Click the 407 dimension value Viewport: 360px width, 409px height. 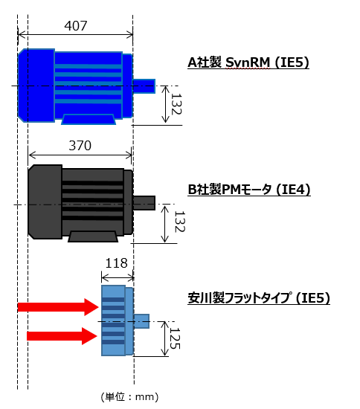click(x=76, y=26)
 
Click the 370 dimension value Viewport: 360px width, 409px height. click(x=80, y=146)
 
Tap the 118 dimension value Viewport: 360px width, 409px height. click(x=116, y=263)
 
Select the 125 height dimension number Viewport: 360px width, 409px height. click(x=175, y=338)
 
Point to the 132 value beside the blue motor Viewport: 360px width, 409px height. click(x=176, y=104)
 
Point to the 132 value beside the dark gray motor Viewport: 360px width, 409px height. click(x=179, y=222)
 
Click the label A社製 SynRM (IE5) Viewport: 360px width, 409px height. click(x=248, y=62)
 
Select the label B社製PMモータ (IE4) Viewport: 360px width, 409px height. click(x=249, y=190)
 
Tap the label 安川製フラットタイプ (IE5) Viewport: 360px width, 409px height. click(x=259, y=298)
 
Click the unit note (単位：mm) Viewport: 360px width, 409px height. click(x=129, y=397)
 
